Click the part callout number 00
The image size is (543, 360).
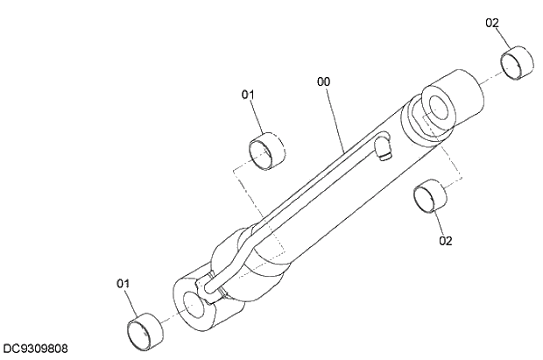[324, 81]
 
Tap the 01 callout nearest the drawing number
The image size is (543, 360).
[123, 283]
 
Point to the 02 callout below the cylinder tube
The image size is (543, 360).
[446, 240]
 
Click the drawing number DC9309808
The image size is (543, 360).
[36, 349]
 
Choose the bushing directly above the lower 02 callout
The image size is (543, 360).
[427, 195]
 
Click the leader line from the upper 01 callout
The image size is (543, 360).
[256, 116]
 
